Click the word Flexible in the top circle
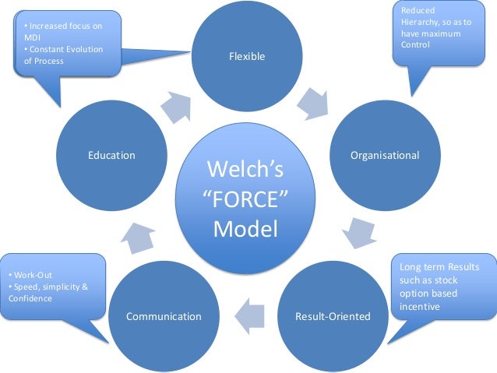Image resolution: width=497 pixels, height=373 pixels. (x=247, y=56)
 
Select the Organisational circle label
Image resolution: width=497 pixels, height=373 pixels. (x=385, y=155)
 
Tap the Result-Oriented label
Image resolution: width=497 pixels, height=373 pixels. (x=333, y=316)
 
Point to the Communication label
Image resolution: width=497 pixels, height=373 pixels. (x=164, y=316)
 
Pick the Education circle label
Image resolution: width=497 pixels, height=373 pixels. (x=111, y=155)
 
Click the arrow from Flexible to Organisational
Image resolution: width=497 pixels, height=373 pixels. (x=314, y=104)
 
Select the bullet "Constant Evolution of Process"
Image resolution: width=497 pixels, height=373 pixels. (x=62, y=55)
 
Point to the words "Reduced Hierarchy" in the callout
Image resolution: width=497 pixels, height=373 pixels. (x=425, y=16)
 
